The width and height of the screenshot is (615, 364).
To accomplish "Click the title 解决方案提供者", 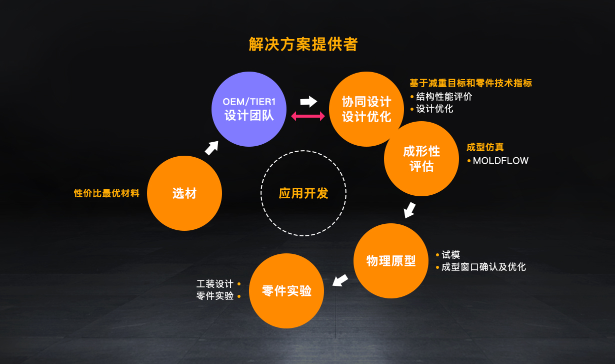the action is (x=303, y=44).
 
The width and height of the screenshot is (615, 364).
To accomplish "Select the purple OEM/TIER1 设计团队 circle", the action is (x=249, y=109).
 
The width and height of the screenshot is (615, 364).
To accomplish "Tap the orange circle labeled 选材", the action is (x=184, y=193).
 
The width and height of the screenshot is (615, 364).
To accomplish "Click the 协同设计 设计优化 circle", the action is (x=366, y=109).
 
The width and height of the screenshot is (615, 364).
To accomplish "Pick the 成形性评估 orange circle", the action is (x=421, y=159).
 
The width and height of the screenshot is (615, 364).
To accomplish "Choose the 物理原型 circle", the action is (x=391, y=261).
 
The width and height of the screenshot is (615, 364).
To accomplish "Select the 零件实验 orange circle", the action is (x=286, y=291).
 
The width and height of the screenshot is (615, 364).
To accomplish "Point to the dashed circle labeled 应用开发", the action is (x=303, y=151).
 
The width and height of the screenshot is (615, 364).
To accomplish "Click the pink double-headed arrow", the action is (x=308, y=116).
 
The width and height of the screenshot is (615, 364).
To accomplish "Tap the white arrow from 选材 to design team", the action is (x=211, y=148).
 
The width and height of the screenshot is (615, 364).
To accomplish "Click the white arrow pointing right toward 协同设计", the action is (x=308, y=102).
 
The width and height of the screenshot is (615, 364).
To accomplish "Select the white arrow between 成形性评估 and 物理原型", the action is (x=409, y=210).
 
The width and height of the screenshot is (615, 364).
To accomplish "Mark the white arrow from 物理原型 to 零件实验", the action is (x=340, y=280).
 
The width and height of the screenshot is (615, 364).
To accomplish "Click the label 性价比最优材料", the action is (x=106, y=193).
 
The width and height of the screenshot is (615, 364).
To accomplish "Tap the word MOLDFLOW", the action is (x=500, y=161).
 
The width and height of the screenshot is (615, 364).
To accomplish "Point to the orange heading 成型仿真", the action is (x=485, y=147).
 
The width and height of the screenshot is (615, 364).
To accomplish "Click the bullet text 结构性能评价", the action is (x=444, y=97).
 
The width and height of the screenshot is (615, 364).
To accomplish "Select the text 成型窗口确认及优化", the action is (x=483, y=267).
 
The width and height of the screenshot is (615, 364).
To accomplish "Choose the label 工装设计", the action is (x=214, y=284).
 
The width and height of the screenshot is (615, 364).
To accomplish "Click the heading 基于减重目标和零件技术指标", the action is (x=471, y=83).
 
